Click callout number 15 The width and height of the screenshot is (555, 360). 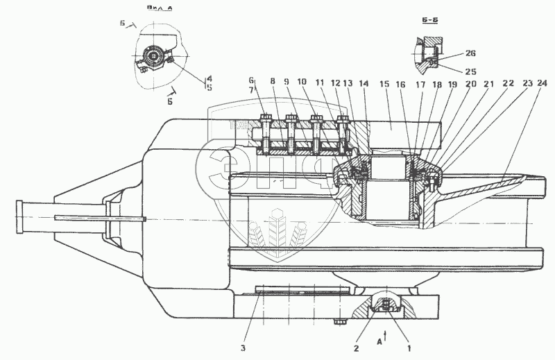[x=384, y=84]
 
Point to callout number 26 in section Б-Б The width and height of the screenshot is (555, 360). [x=452, y=52]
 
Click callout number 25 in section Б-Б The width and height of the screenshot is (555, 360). [x=452, y=71]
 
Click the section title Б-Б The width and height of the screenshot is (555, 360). [x=429, y=22]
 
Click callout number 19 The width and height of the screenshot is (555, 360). [x=452, y=84]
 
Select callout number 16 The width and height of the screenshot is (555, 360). [x=401, y=84]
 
